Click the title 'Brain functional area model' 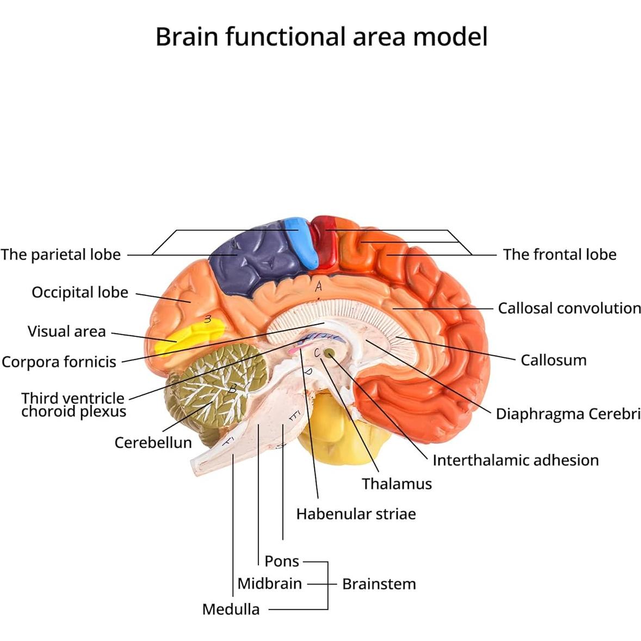tap(321, 37)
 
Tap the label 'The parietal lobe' tap(60, 255)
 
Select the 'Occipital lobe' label tap(80, 293)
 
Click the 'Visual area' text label tap(66, 331)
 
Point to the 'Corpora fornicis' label tap(59, 362)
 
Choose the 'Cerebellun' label tap(153, 442)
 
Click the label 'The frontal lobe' tap(559, 255)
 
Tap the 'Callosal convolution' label tap(569, 308)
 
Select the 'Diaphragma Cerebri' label tap(568, 414)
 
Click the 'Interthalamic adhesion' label tap(515, 460)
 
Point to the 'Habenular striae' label tap(356, 514)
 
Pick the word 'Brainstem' tap(379, 584)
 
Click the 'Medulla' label tap(231, 609)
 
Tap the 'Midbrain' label tap(269, 583)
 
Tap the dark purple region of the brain tap(250, 256)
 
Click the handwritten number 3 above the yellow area tap(208, 319)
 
